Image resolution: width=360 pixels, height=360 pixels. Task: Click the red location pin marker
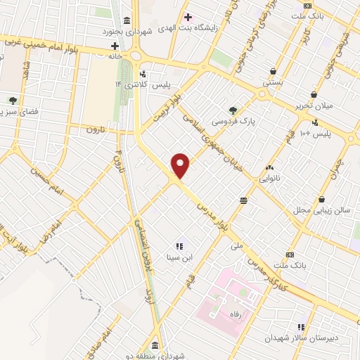pos(181,165)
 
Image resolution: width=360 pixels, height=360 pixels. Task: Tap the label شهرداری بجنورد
pos(105,31)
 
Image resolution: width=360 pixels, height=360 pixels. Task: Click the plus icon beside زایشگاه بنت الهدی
pos(187,17)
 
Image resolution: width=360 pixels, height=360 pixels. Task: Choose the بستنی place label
pos(274,82)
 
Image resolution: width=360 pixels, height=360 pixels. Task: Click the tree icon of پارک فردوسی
pos(233,110)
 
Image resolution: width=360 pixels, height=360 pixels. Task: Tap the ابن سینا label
pos(179,257)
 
